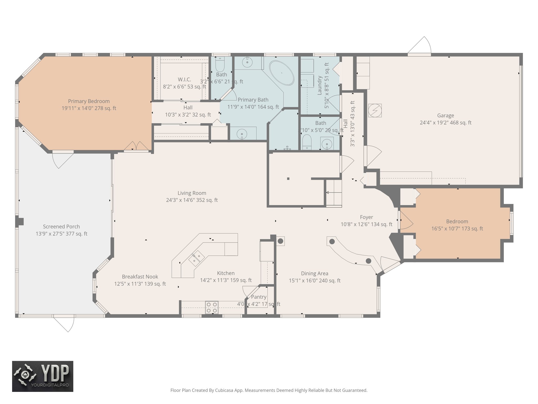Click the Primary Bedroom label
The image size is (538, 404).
click(89, 101)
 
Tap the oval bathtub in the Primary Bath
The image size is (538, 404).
click(282, 73)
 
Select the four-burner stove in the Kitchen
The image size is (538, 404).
click(212, 307)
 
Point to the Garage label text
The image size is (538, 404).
click(445, 115)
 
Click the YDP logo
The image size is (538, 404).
click(43, 376)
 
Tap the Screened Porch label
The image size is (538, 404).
click(61, 226)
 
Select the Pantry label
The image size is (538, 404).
click(258, 297)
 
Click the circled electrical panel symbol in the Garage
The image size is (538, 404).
click(375, 110)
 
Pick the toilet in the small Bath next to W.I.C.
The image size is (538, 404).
click(220, 63)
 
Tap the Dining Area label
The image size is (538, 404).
click(314, 274)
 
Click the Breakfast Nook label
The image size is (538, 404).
click(140, 277)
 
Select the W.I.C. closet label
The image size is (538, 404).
click(184, 79)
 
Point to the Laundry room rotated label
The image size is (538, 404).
click(319, 85)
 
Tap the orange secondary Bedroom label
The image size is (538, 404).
click(457, 221)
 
